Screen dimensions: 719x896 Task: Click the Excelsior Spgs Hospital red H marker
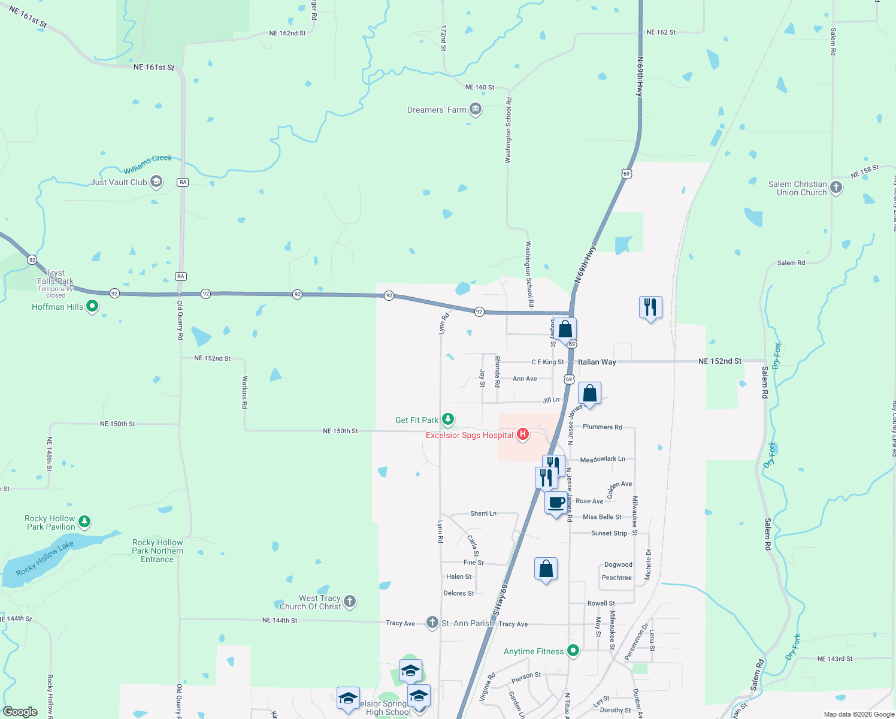point(523,434)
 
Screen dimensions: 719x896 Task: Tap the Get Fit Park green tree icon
point(448,419)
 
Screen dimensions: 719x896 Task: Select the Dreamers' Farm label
point(437,110)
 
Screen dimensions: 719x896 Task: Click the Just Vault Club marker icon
point(156,182)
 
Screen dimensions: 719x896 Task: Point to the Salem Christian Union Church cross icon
point(836,188)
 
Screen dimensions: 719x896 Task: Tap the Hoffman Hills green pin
point(92,306)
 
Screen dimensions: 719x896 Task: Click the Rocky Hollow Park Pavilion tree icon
point(84,522)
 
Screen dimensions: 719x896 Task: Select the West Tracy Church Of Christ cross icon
point(350,601)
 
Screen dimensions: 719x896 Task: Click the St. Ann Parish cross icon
point(432,623)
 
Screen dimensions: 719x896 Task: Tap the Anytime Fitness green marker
point(573,650)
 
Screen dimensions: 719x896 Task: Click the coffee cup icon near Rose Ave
point(556,502)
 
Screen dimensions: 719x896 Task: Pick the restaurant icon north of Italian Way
point(650,307)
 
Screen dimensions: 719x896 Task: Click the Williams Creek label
point(148,164)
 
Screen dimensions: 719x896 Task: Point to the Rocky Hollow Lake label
point(45,558)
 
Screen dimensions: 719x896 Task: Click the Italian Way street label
point(597,362)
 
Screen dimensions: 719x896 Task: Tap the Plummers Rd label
point(602,427)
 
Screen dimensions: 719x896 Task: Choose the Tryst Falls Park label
point(56,277)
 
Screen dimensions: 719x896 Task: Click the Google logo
point(20,711)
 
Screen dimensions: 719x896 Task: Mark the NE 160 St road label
point(480,87)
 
